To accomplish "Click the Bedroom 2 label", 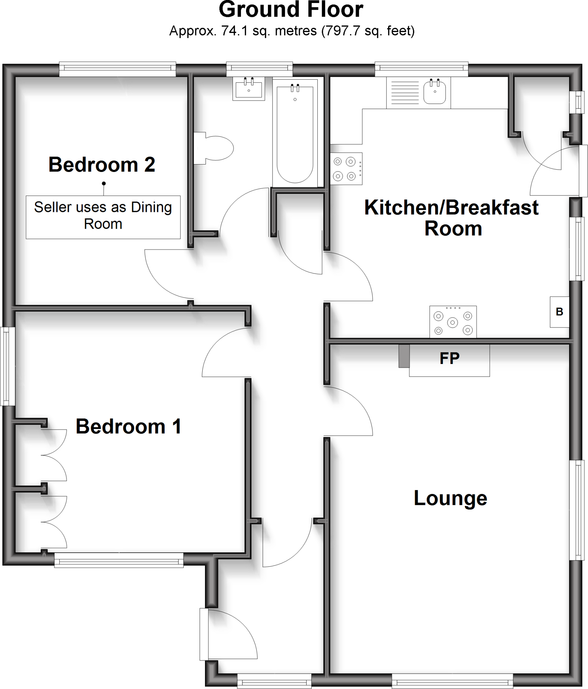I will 102,165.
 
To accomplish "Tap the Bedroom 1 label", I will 128,427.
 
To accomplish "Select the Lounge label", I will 450,498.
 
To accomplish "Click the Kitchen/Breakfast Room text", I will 451,218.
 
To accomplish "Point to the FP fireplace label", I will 449,359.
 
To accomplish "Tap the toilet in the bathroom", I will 215,148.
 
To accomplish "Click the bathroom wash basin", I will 249,89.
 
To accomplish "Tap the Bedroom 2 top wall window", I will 117,69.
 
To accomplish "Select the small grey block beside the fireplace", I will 404,356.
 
